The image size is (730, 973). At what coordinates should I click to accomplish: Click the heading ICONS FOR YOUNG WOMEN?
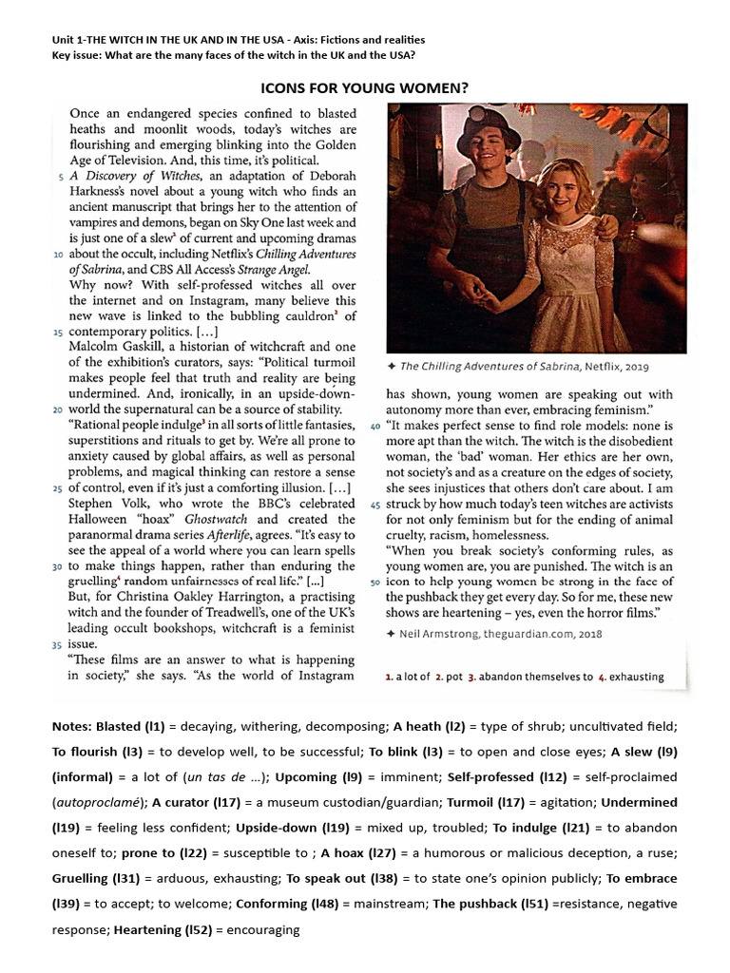coord(364,89)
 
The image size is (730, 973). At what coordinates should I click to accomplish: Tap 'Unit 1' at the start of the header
coord(69,40)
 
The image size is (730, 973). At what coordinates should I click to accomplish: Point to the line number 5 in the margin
coord(61,178)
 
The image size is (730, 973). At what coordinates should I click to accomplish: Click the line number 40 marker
coord(375,427)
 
